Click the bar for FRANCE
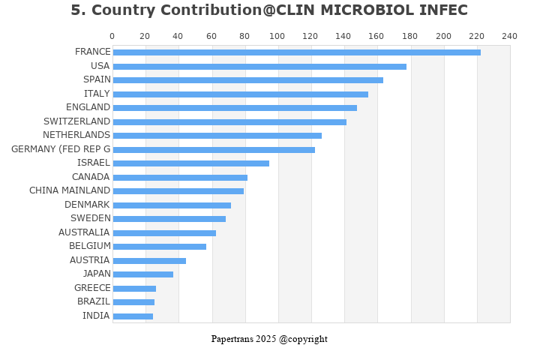[296, 52]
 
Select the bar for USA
[259, 66]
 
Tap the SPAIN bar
[247, 80]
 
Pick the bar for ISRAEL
[190, 163]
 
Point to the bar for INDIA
[133, 316]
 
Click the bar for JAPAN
[142, 274]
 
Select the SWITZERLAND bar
[229, 121]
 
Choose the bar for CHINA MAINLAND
[178, 191]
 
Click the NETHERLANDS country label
[76, 135]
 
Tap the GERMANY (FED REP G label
[61, 149]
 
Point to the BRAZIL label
[94, 301]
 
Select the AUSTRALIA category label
[84, 232]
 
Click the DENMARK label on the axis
[87, 205]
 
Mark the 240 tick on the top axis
[510, 36]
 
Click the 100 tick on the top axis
[277, 36]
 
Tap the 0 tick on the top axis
[112, 36]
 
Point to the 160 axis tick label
[377, 36]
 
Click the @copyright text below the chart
[304, 339]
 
